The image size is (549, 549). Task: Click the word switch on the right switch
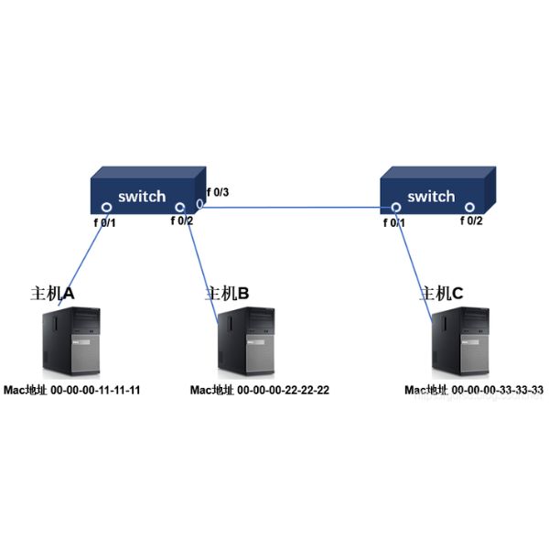[x=430, y=196]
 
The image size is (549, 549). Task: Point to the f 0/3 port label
[x=218, y=192]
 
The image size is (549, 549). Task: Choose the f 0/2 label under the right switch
[x=469, y=221]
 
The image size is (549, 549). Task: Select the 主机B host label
[x=227, y=293]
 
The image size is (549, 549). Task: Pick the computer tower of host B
[x=246, y=342]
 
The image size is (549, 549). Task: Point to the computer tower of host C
[x=460, y=342]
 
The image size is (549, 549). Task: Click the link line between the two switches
[x=293, y=207]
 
